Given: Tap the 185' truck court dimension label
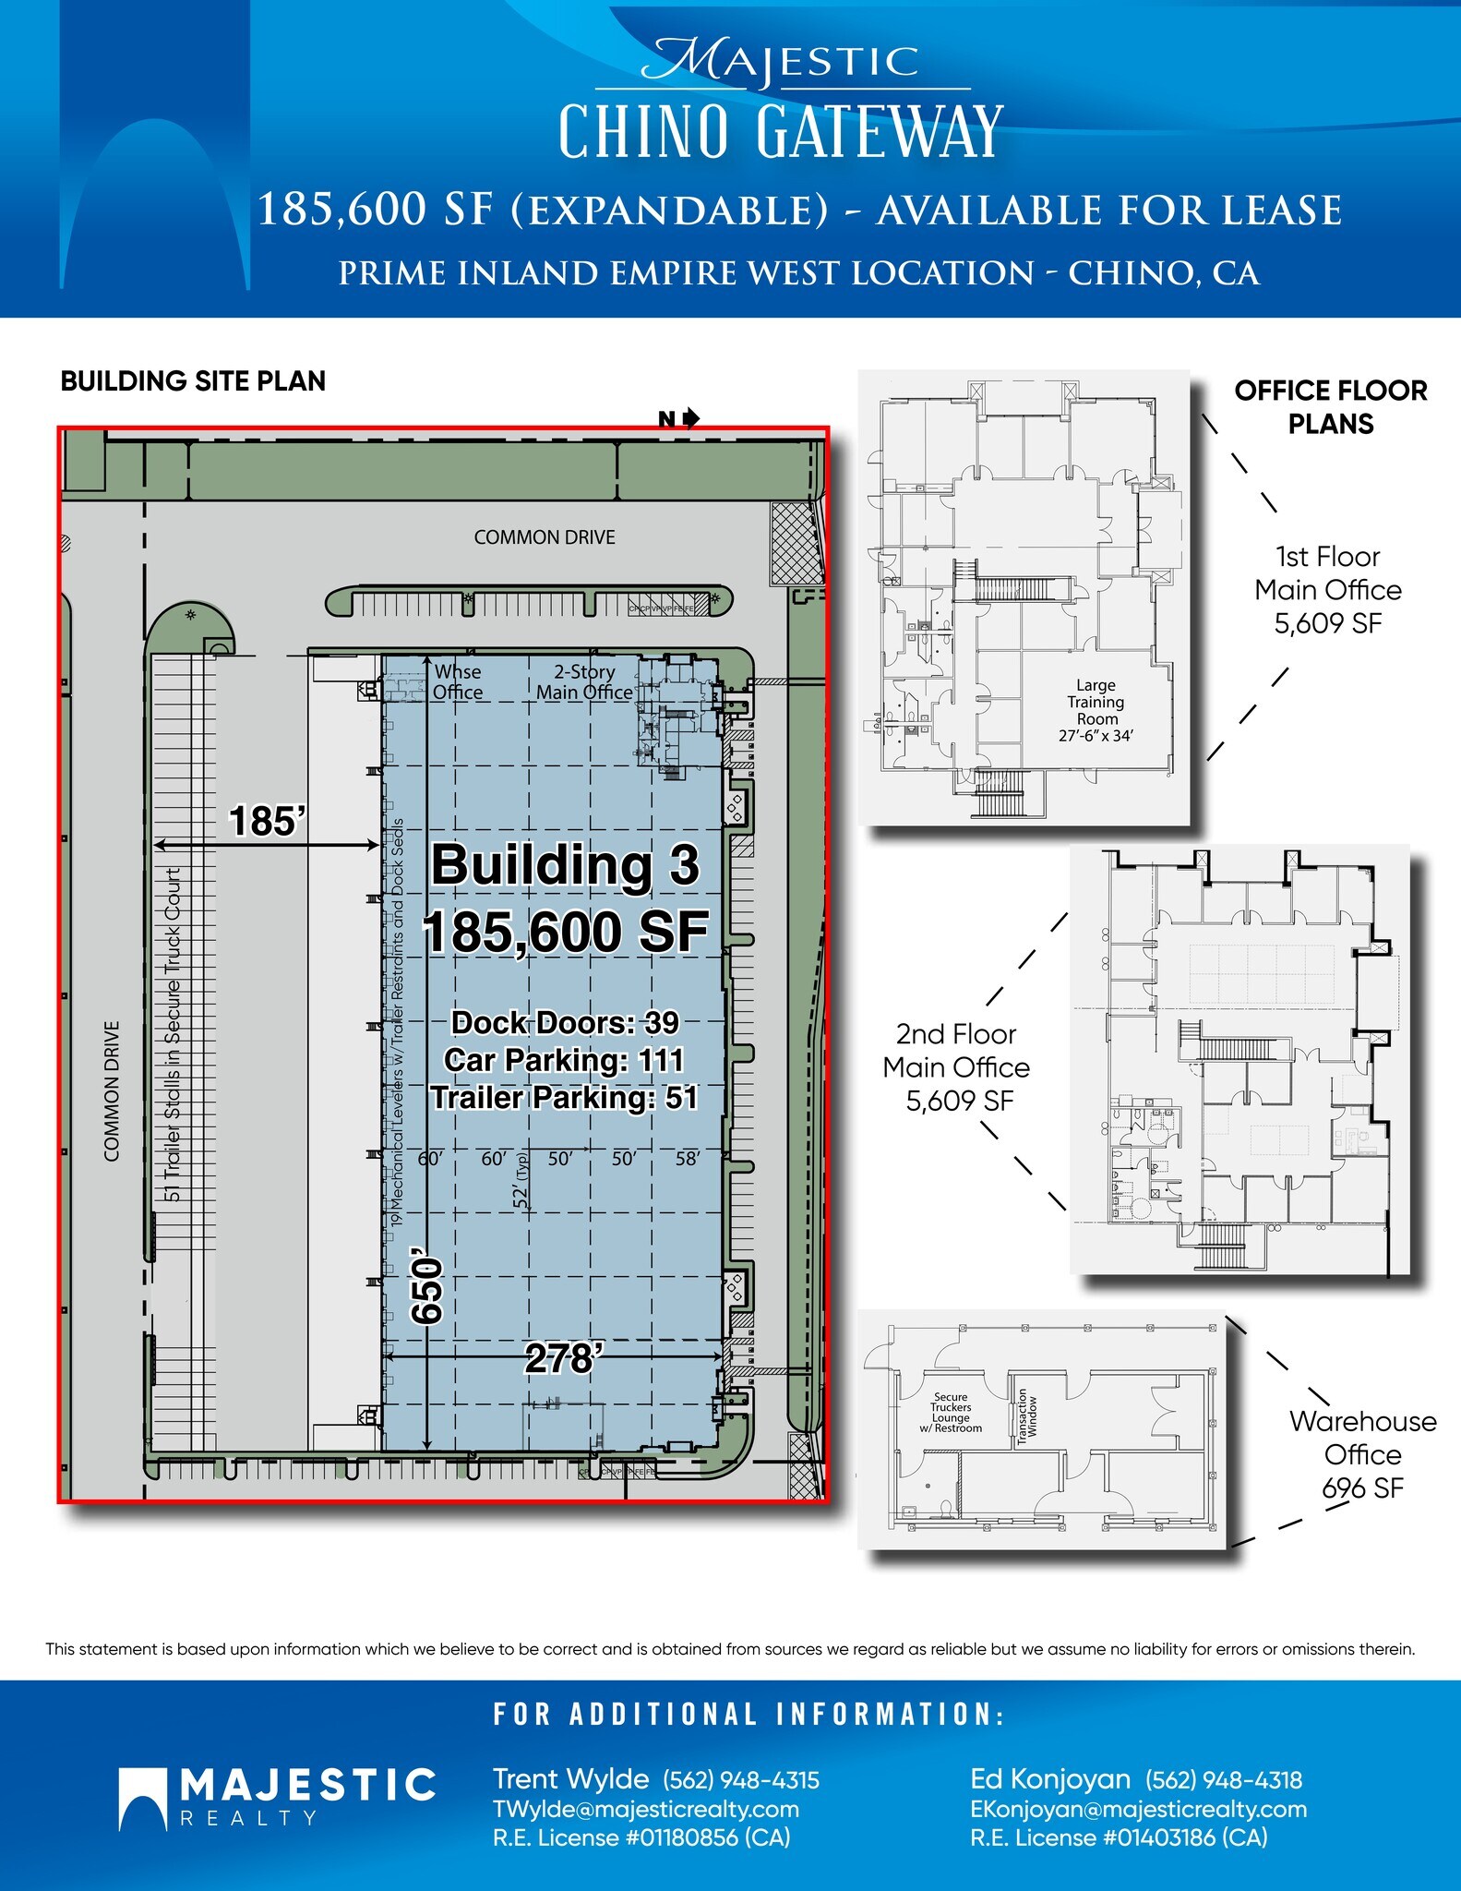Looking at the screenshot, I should tap(267, 821).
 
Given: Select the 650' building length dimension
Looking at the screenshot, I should tap(428, 1290).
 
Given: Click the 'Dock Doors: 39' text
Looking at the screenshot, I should tap(565, 1023).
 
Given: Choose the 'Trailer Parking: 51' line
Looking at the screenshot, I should tap(564, 1098).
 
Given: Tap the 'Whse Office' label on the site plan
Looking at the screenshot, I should tap(458, 682).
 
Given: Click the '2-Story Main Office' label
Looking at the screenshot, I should tap(584, 682).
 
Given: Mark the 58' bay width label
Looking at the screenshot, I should tap(688, 1159).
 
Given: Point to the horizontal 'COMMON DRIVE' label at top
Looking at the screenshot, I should tap(545, 537).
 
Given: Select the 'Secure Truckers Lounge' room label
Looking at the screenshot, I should tap(951, 1413).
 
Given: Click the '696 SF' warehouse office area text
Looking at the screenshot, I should tap(1362, 1488).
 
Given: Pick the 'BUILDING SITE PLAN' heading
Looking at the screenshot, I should tap(193, 381).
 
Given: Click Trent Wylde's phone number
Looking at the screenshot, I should tap(741, 1780).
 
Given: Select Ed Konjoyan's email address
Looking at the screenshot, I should tap(1138, 1809).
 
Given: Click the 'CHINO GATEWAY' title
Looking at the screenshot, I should tap(780, 132).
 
